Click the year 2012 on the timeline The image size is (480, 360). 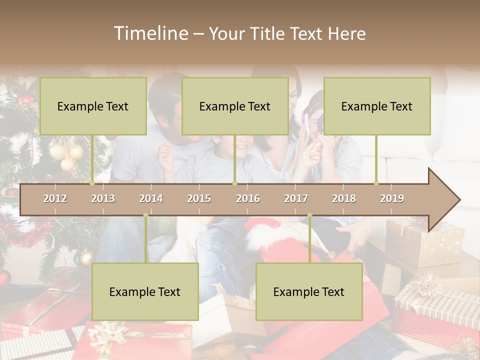pyautogui.click(x=55, y=198)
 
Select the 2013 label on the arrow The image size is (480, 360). pyautogui.click(x=103, y=198)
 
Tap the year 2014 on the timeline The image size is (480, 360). pyautogui.click(x=151, y=198)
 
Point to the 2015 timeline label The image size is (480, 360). pyautogui.click(x=199, y=198)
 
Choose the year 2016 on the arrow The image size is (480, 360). pyautogui.click(x=248, y=198)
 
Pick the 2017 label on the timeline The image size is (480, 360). pyautogui.click(x=296, y=198)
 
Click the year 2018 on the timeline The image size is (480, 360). pyautogui.click(x=344, y=198)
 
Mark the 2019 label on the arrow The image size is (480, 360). pyautogui.click(x=392, y=198)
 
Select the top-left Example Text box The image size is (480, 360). pyautogui.click(x=93, y=106)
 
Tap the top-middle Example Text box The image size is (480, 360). pyautogui.click(x=235, y=106)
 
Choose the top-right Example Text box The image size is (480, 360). pyautogui.click(x=377, y=106)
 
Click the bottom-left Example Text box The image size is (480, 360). pyautogui.click(x=145, y=291)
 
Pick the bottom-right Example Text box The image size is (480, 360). pyautogui.click(x=309, y=291)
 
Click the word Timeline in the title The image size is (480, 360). pyautogui.click(x=150, y=33)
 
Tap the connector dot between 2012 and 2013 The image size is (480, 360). pyautogui.click(x=92, y=183)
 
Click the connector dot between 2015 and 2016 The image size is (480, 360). pyautogui.click(x=234, y=183)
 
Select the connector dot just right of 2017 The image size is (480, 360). pyautogui.click(x=309, y=215)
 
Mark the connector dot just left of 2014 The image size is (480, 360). pyautogui.click(x=145, y=215)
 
